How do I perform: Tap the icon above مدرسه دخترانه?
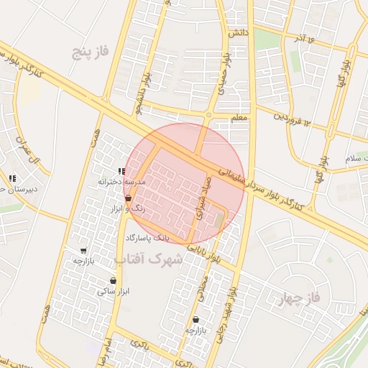tap(121, 172)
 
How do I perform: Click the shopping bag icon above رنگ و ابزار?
tap(128, 198)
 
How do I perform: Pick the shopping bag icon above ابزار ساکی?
tap(113, 281)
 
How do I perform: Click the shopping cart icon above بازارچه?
tap(84, 251)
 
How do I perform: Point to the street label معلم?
tap(239, 117)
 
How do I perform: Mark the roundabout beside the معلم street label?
tap(209, 115)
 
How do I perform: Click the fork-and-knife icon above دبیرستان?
tap(12, 178)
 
